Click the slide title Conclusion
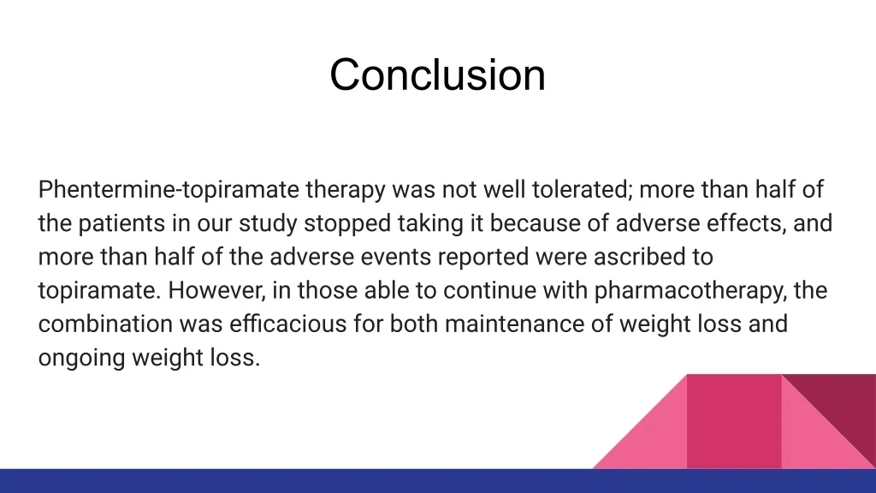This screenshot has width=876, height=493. (x=437, y=75)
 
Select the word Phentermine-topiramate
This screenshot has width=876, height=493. (x=169, y=190)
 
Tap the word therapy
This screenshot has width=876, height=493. (x=346, y=190)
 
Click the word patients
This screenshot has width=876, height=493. (x=121, y=223)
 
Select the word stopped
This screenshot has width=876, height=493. (x=347, y=223)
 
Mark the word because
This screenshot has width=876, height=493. (x=535, y=223)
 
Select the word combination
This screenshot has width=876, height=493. (x=105, y=324)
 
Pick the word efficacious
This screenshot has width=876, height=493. (x=287, y=324)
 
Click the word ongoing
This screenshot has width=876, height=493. (x=81, y=358)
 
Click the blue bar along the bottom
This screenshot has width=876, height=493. (x=438, y=481)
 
